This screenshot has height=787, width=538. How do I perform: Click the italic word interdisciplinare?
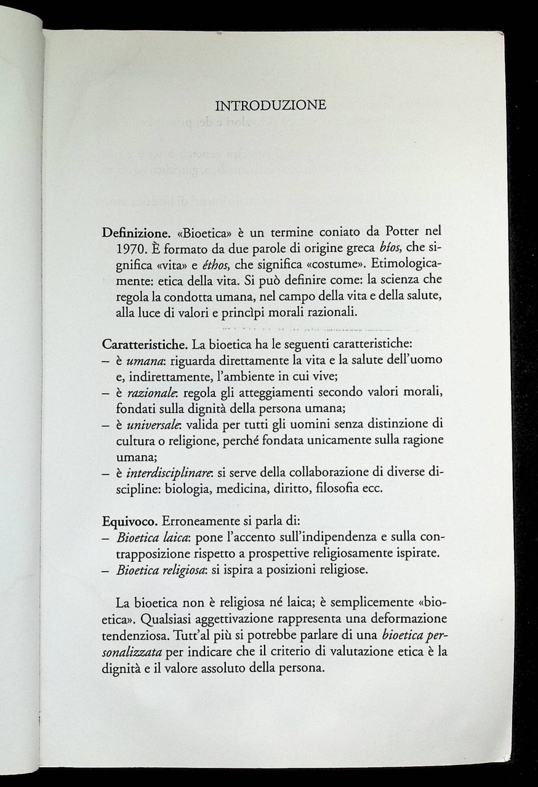[x=159, y=473]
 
